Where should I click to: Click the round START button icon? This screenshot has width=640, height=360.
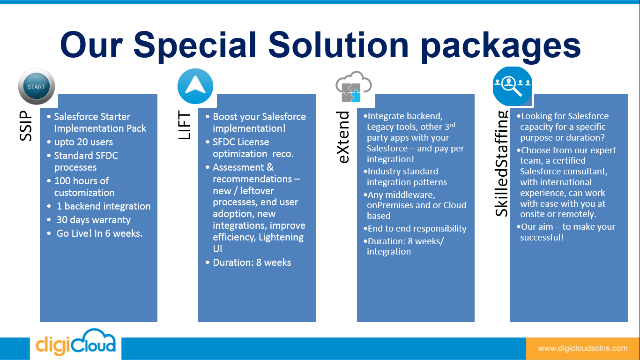tap(36, 87)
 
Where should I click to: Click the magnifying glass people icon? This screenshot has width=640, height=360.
tap(513, 86)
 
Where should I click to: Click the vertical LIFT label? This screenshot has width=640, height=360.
tap(185, 126)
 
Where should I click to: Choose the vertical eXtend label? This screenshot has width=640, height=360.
tap(344, 137)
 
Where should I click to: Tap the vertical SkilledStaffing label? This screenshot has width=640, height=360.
tap(502, 163)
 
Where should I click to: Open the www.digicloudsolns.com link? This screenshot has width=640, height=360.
tap(582, 348)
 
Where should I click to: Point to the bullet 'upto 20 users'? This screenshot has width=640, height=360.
tap(83, 142)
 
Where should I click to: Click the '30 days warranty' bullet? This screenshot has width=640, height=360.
tap(93, 220)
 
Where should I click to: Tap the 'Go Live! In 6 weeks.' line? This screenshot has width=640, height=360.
tap(99, 233)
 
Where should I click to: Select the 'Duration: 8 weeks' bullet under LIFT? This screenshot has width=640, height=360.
tap(252, 262)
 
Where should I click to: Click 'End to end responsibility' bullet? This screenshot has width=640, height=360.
tap(417, 229)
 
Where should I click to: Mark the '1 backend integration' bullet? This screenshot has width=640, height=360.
tap(103, 206)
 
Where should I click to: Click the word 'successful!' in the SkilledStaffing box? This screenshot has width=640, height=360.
tap(542, 238)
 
